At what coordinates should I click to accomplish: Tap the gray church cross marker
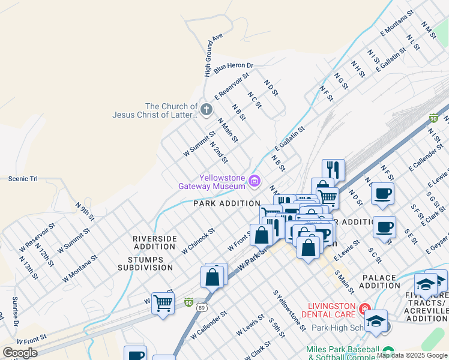tap(206, 110)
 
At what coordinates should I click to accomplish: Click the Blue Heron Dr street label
tap(234, 66)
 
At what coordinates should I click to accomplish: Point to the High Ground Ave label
tap(212, 55)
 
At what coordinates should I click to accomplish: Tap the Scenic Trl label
tap(23, 178)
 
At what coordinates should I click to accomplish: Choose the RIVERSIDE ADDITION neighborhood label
tap(155, 243)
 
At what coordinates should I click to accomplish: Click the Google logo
tap(19, 353)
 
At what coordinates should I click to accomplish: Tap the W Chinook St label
tap(197, 241)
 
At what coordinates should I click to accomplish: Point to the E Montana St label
tap(397, 23)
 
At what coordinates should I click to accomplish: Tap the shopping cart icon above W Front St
tap(163, 303)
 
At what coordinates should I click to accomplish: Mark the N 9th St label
tap(85, 212)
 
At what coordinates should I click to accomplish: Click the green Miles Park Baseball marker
tap(388, 350)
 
